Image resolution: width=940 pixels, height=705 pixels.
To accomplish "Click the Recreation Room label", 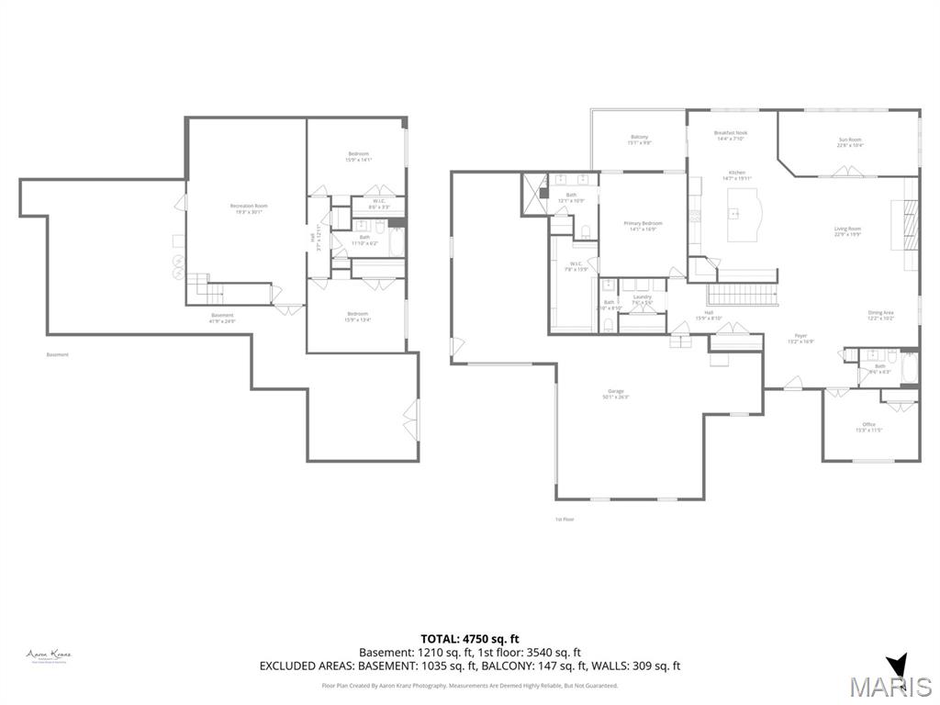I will point(248,206).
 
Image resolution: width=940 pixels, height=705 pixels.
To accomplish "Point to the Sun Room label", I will point(849,140).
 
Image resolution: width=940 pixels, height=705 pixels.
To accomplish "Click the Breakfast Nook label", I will point(731,132).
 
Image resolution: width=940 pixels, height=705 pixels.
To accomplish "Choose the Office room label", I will point(868,424).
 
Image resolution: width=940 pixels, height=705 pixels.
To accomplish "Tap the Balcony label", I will point(639,137).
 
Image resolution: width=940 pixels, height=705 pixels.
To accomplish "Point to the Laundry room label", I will point(642,296).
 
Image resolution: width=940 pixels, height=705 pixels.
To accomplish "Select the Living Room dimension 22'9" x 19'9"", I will point(847,235).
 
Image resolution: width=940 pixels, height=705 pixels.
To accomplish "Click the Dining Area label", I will point(880,313).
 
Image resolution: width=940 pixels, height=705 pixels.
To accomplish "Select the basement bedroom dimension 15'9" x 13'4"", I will point(358,319).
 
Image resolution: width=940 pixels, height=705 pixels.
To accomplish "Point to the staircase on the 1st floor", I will point(741,295).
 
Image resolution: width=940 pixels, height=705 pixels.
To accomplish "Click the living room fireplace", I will point(909,221).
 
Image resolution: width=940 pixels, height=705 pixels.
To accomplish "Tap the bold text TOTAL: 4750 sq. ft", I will point(469,638).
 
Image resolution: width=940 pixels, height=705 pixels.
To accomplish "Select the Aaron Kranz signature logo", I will point(49,655).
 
